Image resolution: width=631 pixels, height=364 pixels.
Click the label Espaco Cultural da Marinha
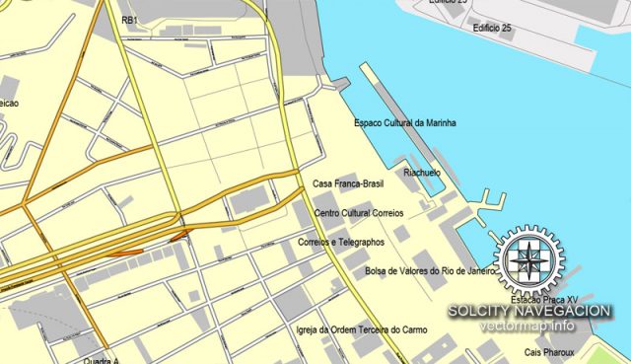(412, 123)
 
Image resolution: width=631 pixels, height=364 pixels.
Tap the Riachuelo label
(421, 173)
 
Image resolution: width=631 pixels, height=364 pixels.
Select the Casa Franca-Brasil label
(347, 184)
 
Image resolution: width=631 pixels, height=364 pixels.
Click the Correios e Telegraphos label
(340, 242)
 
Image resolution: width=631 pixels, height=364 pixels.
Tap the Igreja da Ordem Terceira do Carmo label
(362, 329)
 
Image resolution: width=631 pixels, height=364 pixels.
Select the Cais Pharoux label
(547, 352)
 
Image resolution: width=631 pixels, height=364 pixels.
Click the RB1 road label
(129, 20)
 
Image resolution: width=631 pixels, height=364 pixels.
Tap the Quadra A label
(103, 359)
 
